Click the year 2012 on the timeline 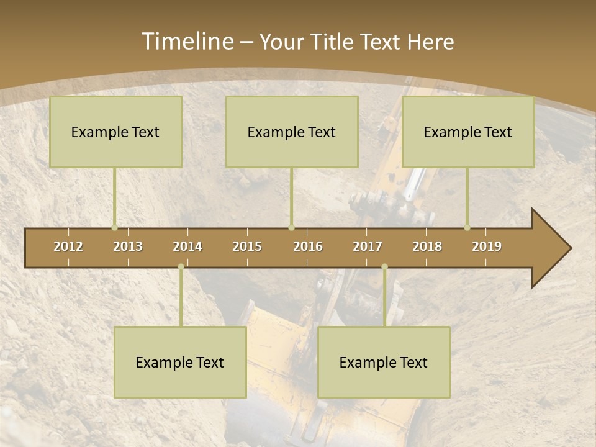click(68, 246)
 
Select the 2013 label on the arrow click(128, 246)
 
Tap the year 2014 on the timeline click(187, 246)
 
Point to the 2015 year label click(247, 246)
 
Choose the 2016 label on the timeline click(308, 246)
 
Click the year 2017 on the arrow click(368, 246)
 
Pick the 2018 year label click(427, 246)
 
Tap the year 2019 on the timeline click(487, 246)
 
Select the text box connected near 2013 click(115, 132)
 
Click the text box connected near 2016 click(292, 132)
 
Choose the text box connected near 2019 click(468, 132)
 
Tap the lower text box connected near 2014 click(180, 362)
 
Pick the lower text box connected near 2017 click(384, 362)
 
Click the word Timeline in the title click(187, 42)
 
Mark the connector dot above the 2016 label click(292, 227)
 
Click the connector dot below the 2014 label click(181, 267)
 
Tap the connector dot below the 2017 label click(384, 267)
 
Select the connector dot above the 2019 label click(467, 227)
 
